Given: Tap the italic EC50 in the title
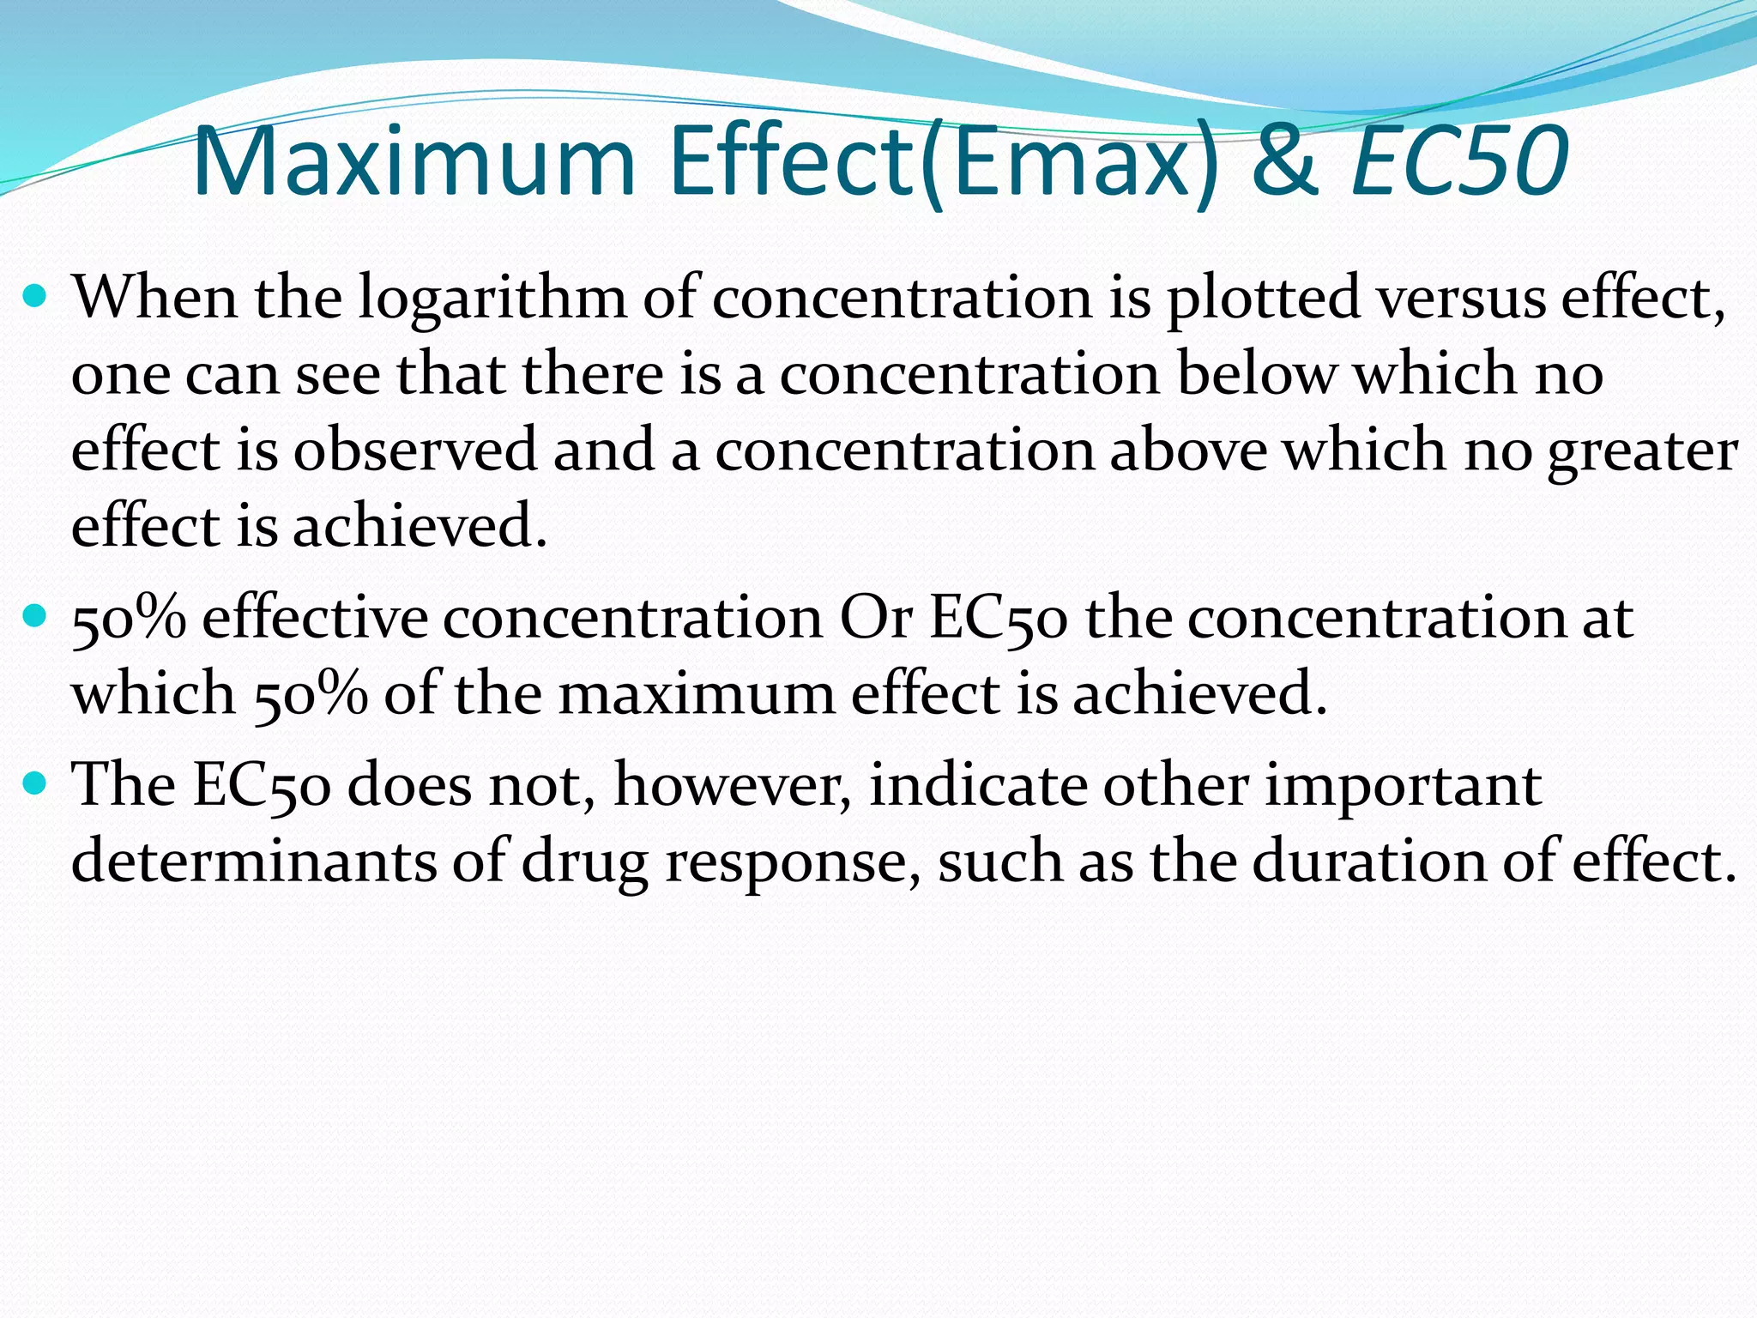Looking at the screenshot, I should point(1459,162).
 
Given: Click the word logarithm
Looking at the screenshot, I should point(492,298).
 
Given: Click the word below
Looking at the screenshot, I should point(1257,374).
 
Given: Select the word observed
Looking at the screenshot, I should point(415,450).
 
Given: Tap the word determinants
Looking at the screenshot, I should point(254,861).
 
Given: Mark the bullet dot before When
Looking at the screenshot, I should point(36,298).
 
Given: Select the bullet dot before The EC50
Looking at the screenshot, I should point(36,783).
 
